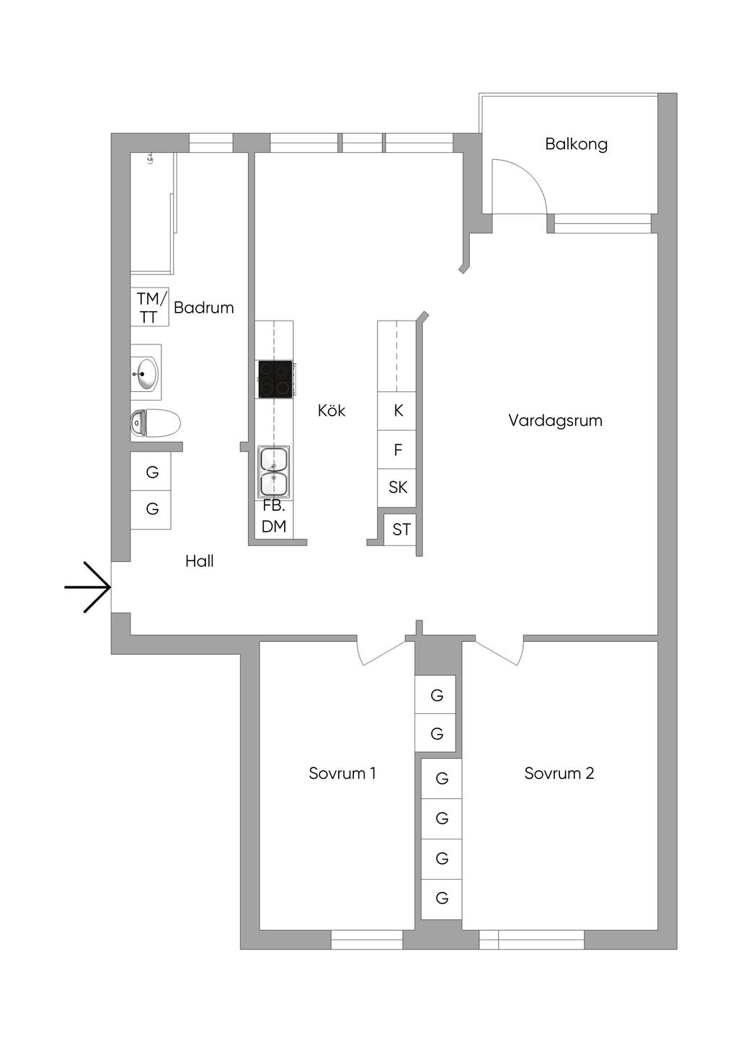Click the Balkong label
pyautogui.click(x=576, y=144)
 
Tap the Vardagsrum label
pyautogui.click(x=555, y=421)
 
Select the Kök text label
pyautogui.click(x=332, y=411)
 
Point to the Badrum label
pyautogui.click(x=204, y=308)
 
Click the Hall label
pyautogui.click(x=200, y=561)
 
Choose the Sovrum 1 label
pyautogui.click(x=342, y=774)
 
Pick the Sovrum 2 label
pyautogui.click(x=559, y=774)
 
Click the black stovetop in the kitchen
pyautogui.click(x=275, y=379)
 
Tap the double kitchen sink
pyautogui.click(x=274, y=472)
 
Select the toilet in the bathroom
pyautogui.click(x=155, y=423)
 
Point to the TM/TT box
pyautogui.click(x=150, y=308)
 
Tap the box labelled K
pyautogui.click(x=398, y=411)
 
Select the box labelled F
pyautogui.click(x=398, y=450)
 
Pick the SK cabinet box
pyautogui.click(x=398, y=488)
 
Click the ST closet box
pyautogui.click(x=401, y=530)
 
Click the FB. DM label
pyautogui.click(x=274, y=517)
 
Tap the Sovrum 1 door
pyautogui.click(x=382, y=651)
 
